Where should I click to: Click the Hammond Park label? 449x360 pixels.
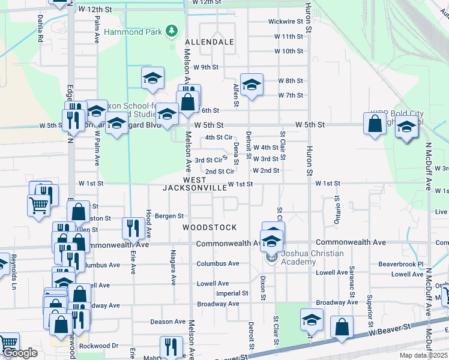pos(133,31)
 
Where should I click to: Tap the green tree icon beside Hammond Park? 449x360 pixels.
pos(172,31)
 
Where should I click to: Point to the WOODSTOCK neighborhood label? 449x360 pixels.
pos(209,227)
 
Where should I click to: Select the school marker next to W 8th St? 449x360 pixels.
pos(252,85)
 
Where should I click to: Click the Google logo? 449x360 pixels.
pos(19,353)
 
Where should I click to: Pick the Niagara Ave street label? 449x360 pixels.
pos(173,267)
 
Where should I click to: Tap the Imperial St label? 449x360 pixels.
pos(232,293)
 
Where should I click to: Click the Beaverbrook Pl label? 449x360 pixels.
pos(401,263)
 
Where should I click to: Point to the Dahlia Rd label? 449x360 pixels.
pos(41,29)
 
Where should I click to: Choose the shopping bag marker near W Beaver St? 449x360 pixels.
pos(342,328)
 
